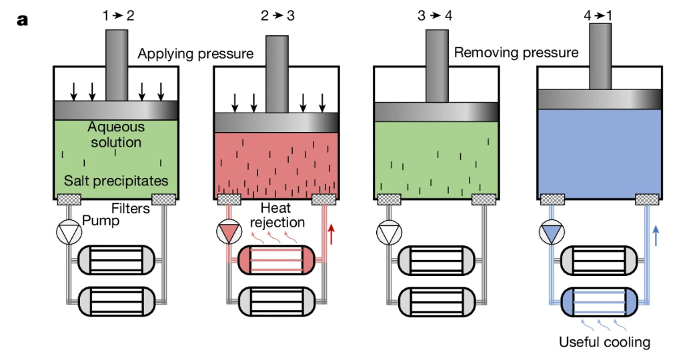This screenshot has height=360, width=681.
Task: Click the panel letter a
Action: [23, 20]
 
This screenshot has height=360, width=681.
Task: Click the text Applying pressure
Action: [195, 53]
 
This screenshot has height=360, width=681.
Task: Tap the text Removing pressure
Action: [516, 52]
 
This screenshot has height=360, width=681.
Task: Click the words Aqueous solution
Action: [116, 134]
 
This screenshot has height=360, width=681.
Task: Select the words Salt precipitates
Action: [116, 181]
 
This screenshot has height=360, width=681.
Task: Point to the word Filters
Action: [131, 209]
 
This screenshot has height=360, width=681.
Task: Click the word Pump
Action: [101, 221]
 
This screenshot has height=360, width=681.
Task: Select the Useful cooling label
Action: [604, 343]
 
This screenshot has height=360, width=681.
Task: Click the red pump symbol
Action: [229, 233]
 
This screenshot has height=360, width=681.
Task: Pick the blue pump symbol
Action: [551, 233]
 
